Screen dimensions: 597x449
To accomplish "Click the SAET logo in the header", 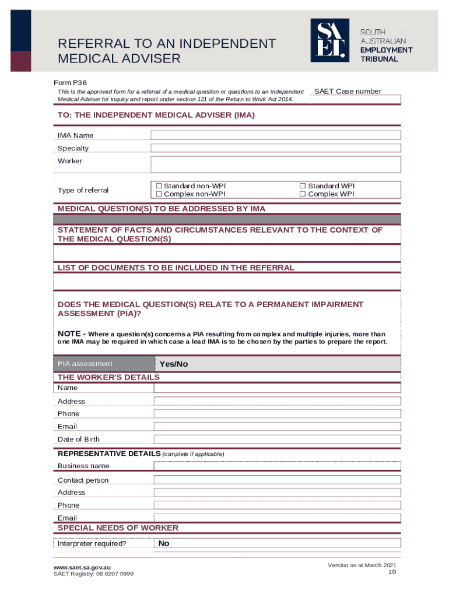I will [329, 40].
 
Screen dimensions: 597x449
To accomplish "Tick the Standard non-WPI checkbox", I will [159, 186].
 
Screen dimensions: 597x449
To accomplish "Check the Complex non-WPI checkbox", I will [159, 194].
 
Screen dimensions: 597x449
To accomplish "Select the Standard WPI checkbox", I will [303, 186].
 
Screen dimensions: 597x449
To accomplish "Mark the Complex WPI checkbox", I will [303, 194].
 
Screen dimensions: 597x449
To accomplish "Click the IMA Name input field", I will [275, 135].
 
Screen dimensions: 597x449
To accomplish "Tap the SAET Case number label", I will [348, 91].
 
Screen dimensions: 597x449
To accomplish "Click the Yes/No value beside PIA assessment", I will [174, 364].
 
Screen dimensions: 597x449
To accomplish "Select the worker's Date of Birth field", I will [277, 440].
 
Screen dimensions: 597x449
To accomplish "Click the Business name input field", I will [277, 466].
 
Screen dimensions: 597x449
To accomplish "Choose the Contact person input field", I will [277, 480].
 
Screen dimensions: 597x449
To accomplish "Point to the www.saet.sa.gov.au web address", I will [82, 567].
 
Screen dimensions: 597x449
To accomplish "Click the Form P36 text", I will [72, 83].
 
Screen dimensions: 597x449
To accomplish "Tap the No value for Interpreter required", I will [164, 543].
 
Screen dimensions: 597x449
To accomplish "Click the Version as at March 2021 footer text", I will [362, 566].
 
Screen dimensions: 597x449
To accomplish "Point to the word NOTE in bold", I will [69, 333].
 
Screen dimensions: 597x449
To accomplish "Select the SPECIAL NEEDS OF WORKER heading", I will [118, 528].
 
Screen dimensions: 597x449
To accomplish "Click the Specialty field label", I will [73, 148].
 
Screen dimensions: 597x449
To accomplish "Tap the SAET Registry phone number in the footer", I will [93, 574].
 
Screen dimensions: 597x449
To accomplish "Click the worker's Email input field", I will [277, 427].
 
